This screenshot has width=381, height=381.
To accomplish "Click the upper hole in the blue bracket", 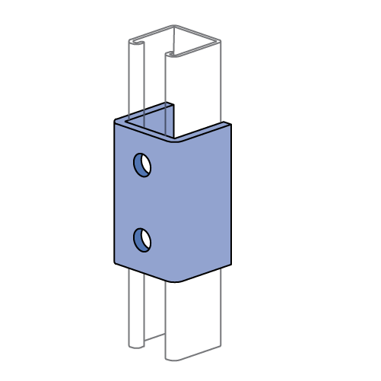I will click(x=142, y=164).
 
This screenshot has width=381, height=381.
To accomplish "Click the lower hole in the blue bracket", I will click(x=142, y=240).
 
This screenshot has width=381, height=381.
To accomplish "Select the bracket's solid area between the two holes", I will click(x=142, y=202).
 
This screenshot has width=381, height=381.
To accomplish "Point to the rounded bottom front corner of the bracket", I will click(x=176, y=279).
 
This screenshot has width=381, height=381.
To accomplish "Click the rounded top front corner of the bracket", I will click(x=176, y=141).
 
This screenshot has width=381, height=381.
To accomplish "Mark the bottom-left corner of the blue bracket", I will click(x=116, y=261).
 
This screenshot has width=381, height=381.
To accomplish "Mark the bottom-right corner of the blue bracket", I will click(x=230, y=263).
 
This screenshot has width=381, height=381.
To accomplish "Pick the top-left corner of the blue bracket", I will click(x=116, y=120).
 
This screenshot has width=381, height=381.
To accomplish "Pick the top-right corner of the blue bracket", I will click(x=229, y=124).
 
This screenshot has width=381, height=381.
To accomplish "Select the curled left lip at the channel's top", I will click(x=137, y=43).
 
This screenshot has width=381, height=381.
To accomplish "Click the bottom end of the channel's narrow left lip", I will click(x=136, y=347).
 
